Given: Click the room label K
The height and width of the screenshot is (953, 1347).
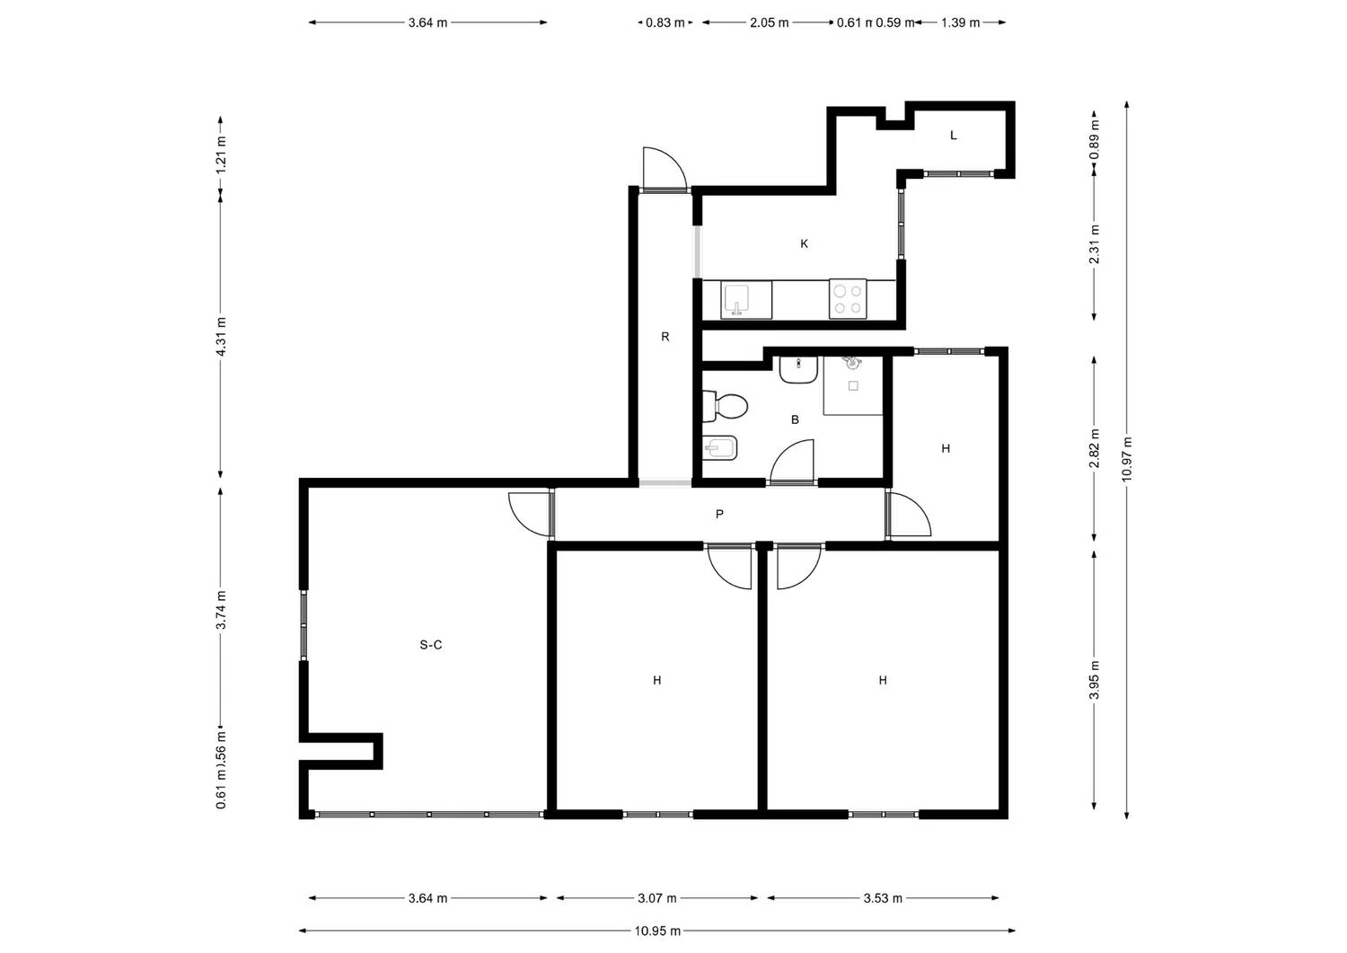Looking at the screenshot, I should tap(804, 243).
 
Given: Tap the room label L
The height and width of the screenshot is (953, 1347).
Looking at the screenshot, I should tap(954, 136).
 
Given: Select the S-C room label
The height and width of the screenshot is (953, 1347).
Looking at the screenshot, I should tap(431, 644).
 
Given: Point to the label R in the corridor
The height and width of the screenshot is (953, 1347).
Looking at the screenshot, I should tap(665, 337).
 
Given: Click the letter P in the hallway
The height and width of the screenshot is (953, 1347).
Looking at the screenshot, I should tap(719, 515).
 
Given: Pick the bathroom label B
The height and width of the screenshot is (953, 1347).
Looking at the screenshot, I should tap(795, 419).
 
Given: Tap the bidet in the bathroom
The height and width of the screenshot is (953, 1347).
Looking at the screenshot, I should tap(720, 446).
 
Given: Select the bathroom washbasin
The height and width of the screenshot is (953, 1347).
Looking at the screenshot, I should tap(797, 368).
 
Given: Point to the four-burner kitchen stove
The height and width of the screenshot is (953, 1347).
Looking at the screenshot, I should tap(848, 299).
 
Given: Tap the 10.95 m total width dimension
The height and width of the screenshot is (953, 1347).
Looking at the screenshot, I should tap(657, 931).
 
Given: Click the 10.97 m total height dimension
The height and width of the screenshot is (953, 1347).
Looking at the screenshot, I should tap(1127, 459).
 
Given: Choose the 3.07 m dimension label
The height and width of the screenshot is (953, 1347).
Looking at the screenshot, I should tap(657, 898).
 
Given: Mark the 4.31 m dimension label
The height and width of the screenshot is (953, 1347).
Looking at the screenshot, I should tap(221, 336).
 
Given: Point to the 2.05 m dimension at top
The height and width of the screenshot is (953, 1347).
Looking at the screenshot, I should tap(769, 22).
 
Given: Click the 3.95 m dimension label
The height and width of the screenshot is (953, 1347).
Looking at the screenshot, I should tap(1094, 679).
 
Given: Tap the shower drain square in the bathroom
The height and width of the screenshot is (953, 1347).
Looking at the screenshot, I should tap(853, 386).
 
